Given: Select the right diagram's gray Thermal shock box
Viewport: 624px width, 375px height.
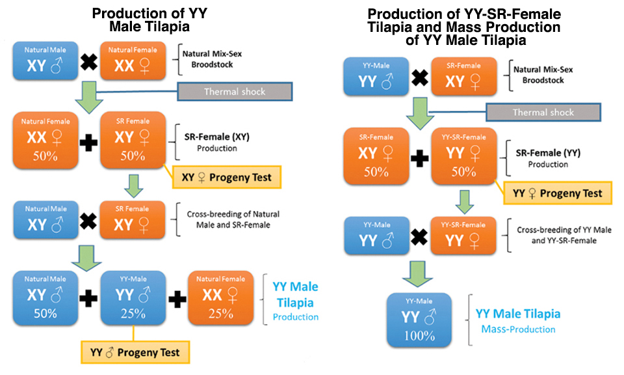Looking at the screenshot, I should [x=543, y=112].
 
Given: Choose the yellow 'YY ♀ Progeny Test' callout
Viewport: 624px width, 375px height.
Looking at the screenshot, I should [x=558, y=193].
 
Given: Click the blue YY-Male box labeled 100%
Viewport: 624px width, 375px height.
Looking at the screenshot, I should [x=419, y=320].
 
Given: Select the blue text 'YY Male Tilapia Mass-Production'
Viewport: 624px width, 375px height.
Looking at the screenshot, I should [x=518, y=321].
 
